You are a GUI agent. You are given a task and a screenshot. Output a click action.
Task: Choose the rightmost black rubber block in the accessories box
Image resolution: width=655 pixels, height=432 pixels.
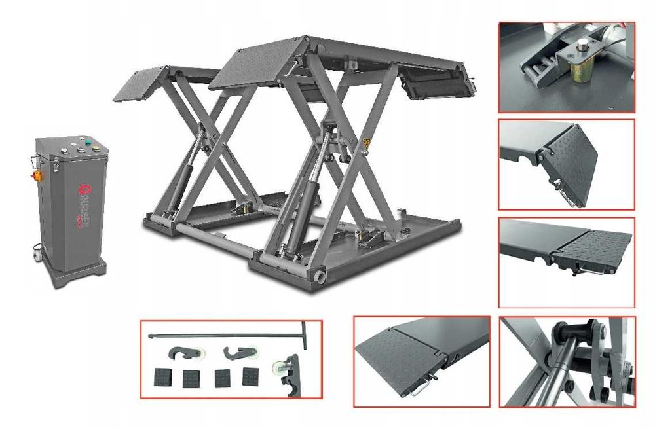(x=250, y=376)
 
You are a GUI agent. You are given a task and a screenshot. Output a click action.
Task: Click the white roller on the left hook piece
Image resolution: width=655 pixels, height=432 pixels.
(x=197, y=354)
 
